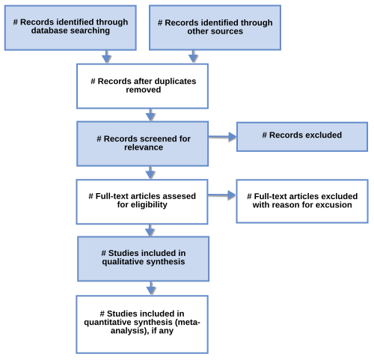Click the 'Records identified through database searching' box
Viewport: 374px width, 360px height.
(70, 28)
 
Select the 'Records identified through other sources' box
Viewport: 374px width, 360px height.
(215, 28)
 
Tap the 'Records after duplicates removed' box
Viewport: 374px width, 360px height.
(142, 86)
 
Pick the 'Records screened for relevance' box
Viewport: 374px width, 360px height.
(142, 144)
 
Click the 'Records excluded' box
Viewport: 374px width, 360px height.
(302, 137)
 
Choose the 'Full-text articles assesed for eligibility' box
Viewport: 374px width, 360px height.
(142, 201)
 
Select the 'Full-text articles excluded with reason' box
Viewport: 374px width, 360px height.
(302, 201)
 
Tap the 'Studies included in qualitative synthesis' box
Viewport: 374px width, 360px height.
(143, 259)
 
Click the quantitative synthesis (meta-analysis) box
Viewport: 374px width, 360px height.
(142, 324)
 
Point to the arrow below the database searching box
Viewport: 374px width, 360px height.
(106, 57)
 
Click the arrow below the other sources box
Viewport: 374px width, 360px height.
(193, 57)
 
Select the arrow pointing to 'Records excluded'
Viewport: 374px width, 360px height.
(222, 137)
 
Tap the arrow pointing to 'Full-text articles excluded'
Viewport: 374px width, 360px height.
(222, 195)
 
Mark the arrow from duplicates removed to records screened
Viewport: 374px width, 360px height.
(150, 115)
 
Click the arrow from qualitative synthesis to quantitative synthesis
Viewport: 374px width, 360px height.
(151, 288)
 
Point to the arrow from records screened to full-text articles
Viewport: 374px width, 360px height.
(150, 173)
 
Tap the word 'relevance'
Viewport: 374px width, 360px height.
(144, 147)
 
